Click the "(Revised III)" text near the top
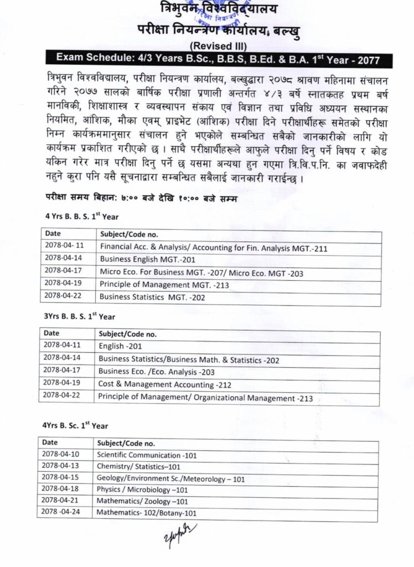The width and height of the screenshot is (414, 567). pos(219,47)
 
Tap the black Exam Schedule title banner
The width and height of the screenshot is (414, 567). pos(219,59)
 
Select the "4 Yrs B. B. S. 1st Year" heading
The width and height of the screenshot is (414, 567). pos(82,216)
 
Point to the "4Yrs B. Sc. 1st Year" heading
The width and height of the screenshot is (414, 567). pos(75,425)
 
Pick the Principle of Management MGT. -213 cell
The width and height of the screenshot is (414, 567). pos(157,285)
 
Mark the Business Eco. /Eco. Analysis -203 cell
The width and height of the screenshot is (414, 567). pos(157,372)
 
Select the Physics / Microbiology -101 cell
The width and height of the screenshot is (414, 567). pos(143,489)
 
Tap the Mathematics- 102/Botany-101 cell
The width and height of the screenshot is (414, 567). pos(147,513)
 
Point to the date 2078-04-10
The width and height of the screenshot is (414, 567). pos(61,455)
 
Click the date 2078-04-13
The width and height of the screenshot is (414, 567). pos(61,466)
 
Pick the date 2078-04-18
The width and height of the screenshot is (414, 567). pos(61,489)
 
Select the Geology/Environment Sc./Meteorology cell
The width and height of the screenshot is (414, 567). pos(170,478)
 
